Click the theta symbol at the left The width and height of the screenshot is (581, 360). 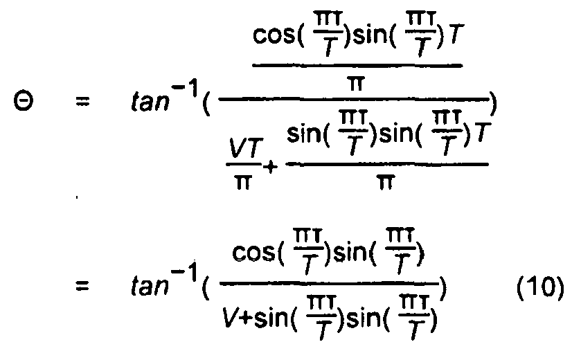pyautogui.click(x=24, y=101)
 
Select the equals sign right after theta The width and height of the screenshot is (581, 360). pyautogui.click(x=82, y=101)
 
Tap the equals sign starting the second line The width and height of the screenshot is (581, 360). pyautogui.click(x=82, y=285)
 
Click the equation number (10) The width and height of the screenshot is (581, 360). pyautogui.click(x=541, y=287)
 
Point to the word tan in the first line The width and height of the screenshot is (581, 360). pyautogui.click(x=150, y=102)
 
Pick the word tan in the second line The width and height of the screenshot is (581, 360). pyautogui.click(x=150, y=286)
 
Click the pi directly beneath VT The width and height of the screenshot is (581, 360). pyautogui.click(x=242, y=182)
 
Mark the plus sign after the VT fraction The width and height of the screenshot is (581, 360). pyautogui.click(x=271, y=167)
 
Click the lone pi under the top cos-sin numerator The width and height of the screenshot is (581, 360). pyautogui.click(x=357, y=83)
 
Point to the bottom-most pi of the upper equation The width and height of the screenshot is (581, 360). pyautogui.click(x=385, y=182)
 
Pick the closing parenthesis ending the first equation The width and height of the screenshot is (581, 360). pyautogui.click(x=493, y=104)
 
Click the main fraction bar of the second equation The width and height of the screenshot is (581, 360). pyautogui.click(x=330, y=284)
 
